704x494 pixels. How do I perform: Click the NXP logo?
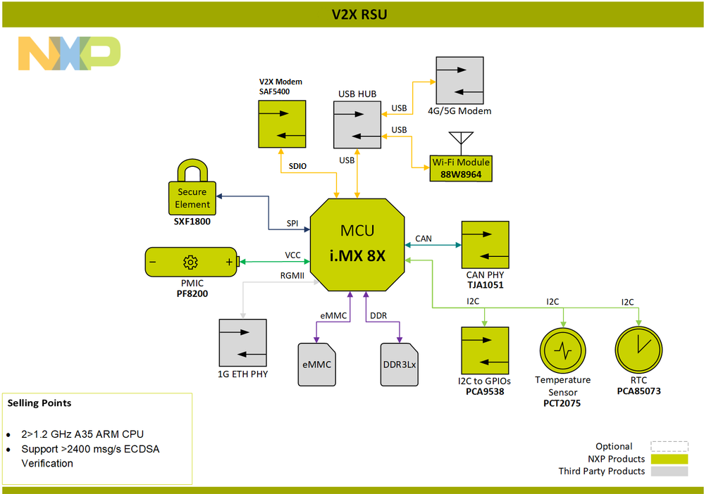pyautogui.click(x=69, y=53)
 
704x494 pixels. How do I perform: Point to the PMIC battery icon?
pyautogui.click(x=192, y=262)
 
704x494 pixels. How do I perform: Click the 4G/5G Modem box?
pyautogui.click(x=459, y=80)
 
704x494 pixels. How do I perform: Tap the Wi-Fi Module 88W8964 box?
pyautogui.click(x=461, y=168)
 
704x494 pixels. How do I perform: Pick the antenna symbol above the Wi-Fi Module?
pyautogui.click(x=460, y=141)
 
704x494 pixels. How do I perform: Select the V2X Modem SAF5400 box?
pyautogui.click(x=282, y=124)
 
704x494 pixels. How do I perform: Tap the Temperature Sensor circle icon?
pyautogui.click(x=562, y=349)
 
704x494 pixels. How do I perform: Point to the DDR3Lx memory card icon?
pyautogui.click(x=398, y=365)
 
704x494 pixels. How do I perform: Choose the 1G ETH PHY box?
pyautogui.click(x=243, y=343)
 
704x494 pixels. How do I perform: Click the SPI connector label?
pyautogui.click(x=292, y=223)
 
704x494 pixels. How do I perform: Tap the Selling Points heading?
pyautogui.click(x=39, y=403)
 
